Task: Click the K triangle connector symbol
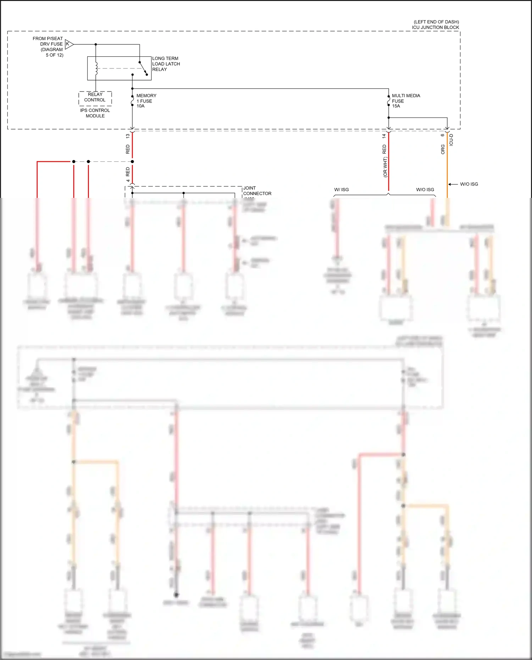pyautogui.click(x=69, y=44)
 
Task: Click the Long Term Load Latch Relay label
pyautogui.click(x=166, y=64)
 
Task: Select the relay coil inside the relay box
pyautogui.click(x=96, y=68)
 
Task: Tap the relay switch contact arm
pyautogui.click(x=143, y=68)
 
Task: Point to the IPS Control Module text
pyautogui.click(x=95, y=113)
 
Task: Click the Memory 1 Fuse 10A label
pyautogui.click(x=146, y=101)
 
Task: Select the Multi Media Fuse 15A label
pyautogui.click(x=405, y=101)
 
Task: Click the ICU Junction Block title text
pyautogui.click(x=436, y=24)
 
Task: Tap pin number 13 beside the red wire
pyautogui.click(x=128, y=136)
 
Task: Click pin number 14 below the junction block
pyautogui.click(x=384, y=136)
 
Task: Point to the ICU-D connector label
pyautogui.click(x=451, y=140)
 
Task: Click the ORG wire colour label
pyautogui.click(x=443, y=149)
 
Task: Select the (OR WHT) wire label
pyautogui.click(x=385, y=167)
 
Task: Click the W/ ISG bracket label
pyautogui.click(x=341, y=190)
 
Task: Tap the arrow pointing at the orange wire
pyautogui.click(x=453, y=184)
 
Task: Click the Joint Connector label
pyautogui.click(x=257, y=191)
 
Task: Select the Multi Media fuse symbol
pyautogui.click(x=389, y=101)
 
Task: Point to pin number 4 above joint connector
pyautogui.click(x=128, y=181)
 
